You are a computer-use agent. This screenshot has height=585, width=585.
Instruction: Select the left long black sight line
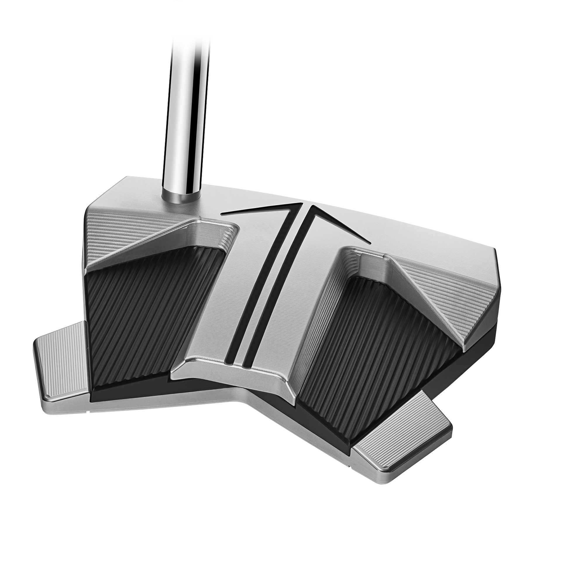tap(257, 291)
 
